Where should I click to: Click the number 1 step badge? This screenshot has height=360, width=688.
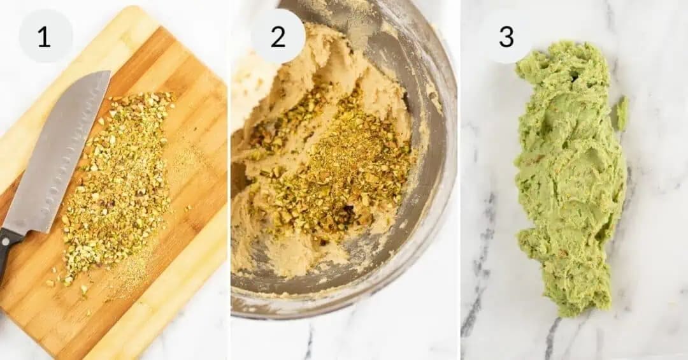(45, 36)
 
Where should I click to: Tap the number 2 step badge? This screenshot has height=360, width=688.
(278, 36)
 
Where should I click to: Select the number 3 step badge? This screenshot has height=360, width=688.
(506, 36)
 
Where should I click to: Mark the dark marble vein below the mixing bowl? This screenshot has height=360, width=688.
(310, 341)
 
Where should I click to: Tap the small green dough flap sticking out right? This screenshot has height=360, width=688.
(622, 112)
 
